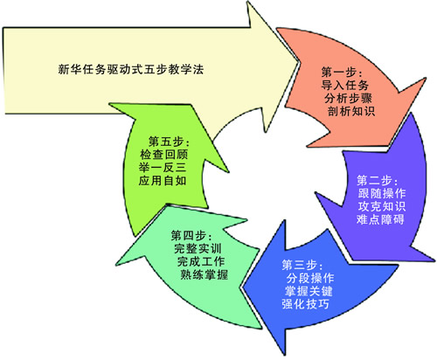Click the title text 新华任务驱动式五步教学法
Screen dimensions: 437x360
coord(130,69)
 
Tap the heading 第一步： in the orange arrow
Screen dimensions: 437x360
coord(342,72)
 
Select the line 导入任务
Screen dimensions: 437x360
coord(345,85)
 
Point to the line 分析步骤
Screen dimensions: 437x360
coord(349,98)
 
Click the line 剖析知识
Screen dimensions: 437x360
coord(351,111)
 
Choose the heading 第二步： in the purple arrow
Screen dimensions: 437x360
coord(378,181)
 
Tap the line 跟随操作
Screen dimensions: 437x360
coord(382,193)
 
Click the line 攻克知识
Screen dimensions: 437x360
coord(382,206)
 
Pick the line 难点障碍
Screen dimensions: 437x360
coord(380,219)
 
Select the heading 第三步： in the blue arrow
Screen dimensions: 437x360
coord(302,265)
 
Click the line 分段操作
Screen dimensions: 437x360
coord(310,278)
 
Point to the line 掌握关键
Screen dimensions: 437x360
coord(309,291)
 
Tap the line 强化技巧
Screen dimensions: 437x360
coord(305,304)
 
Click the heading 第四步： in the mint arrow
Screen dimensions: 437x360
coord(192,235)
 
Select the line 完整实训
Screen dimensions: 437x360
coord(198,248)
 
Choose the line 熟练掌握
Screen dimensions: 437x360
coord(204,274)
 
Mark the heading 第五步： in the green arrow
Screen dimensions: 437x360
coord(169,142)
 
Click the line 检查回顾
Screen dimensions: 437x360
coord(164,155)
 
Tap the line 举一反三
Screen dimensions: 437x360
coord(163,168)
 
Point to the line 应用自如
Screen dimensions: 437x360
coord(163,181)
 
